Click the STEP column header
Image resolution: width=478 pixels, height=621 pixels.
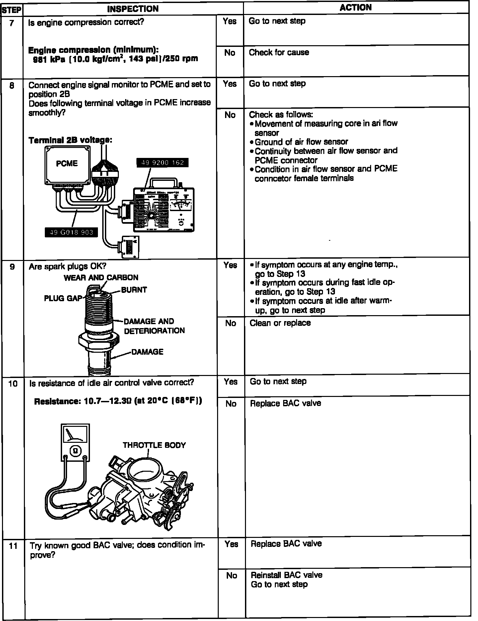point(12,10)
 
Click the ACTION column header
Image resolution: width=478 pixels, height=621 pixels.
point(356,8)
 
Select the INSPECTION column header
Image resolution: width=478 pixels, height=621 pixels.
point(133,9)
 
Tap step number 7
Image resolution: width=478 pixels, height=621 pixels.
point(12,24)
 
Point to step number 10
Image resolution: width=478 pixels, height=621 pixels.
point(13,384)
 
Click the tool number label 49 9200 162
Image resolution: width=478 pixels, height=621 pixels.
point(162,163)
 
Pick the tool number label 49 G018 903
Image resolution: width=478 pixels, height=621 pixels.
point(71,232)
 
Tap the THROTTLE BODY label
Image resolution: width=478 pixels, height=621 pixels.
point(154,445)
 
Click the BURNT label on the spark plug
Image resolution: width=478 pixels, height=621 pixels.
point(134,290)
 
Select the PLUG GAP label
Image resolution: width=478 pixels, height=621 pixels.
point(63,298)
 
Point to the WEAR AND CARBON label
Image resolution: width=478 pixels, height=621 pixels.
point(101,278)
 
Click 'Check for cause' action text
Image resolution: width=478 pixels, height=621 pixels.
point(279,53)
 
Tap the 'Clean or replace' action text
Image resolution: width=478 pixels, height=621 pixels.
point(280,323)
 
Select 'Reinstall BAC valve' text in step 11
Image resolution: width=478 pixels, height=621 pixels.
point(286,575)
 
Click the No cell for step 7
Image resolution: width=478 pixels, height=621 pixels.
point(230,53)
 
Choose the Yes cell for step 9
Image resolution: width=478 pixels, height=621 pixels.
point(230,265)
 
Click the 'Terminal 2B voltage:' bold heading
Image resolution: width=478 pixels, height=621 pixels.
point(70,140)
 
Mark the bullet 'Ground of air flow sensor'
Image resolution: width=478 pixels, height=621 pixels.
point(301,142)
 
